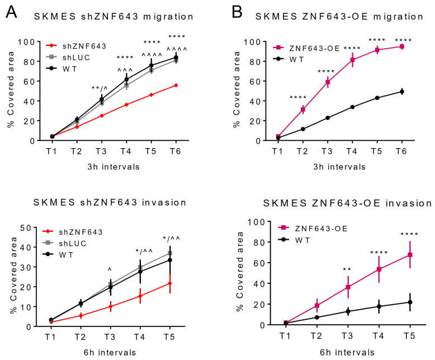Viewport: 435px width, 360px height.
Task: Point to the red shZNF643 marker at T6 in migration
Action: point(177,85)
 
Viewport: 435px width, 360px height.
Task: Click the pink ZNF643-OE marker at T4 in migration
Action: point(353,59)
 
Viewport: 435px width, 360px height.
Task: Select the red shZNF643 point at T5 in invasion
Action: point(169,283)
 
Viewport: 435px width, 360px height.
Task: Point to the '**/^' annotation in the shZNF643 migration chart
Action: point(102,88)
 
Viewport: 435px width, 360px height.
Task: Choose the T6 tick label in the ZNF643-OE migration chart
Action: point(401,151)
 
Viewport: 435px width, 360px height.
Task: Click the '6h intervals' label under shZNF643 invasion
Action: point(111,352)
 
